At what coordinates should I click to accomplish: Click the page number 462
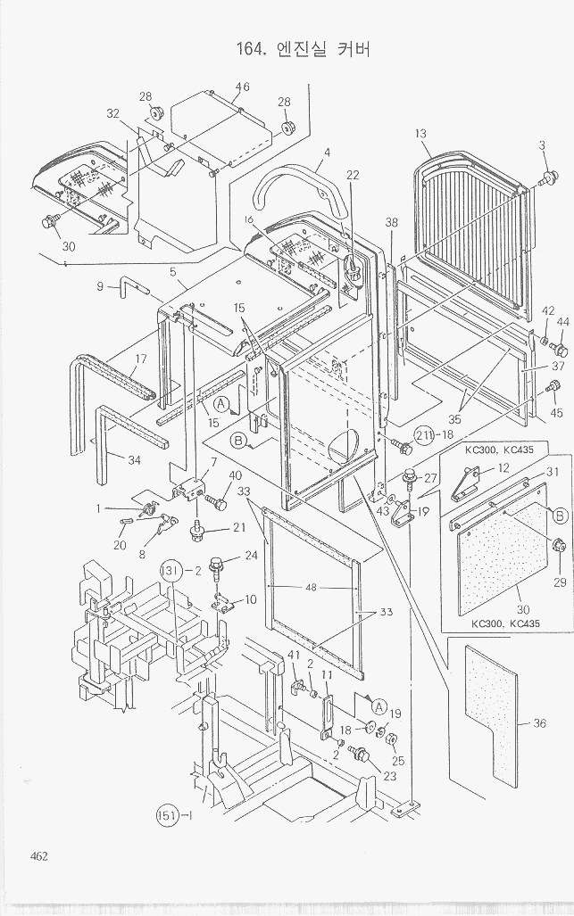(37, 856)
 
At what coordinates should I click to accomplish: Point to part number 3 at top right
(541, 145)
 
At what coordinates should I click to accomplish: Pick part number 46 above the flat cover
(242, 87)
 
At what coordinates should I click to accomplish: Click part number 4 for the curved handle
(328, 153)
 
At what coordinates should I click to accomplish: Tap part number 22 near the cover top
(353, 175)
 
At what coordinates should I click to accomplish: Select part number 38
(391, 222)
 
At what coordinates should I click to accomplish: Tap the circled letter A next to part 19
(379, 706)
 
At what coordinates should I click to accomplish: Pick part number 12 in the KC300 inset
(503, 468)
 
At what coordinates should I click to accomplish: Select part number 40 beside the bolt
(236, 475)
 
